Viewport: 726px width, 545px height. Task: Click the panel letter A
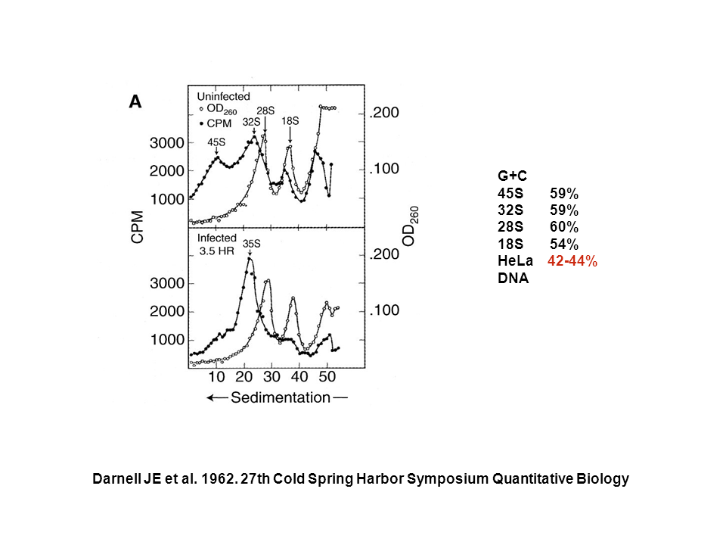[135, 101]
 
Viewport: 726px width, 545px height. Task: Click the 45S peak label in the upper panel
[216, 142]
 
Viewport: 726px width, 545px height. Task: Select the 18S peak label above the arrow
[290, 120]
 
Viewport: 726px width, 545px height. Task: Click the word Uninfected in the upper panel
[224, 96]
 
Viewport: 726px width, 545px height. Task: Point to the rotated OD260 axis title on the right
[411, 226]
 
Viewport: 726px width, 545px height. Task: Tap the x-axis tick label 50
[327, 377]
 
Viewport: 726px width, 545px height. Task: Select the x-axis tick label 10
[217, 377]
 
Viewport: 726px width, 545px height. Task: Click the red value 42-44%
[572, 261]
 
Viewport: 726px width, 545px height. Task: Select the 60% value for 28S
[564, 227]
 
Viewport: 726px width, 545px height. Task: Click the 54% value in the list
[564, 244]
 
